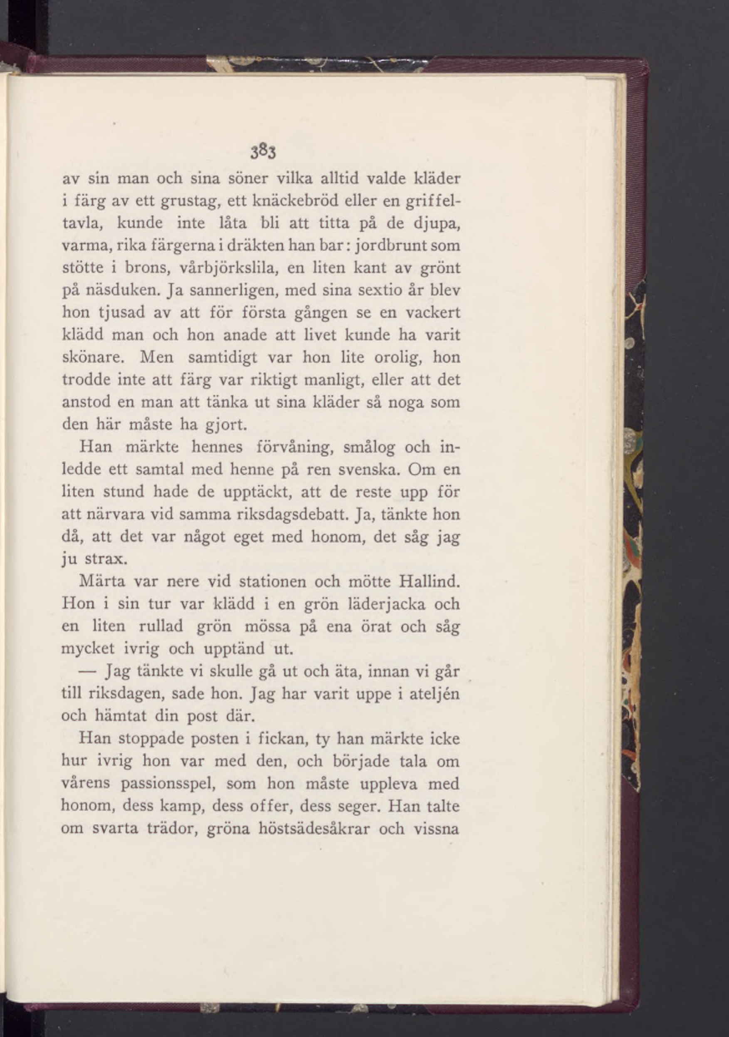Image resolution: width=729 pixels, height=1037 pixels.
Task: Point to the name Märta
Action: tap(102, 580)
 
